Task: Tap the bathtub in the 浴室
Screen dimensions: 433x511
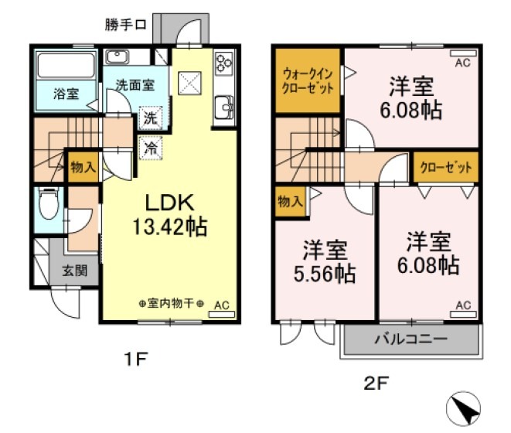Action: coord(66,65)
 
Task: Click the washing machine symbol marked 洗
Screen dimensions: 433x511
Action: coord(150,120)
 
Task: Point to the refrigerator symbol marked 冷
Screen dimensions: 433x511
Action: coord(150,146)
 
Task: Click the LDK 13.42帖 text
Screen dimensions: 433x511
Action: coord(176,214)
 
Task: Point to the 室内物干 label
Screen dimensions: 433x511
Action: coord(172,304)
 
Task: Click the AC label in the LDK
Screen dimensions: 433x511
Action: coord(222,304)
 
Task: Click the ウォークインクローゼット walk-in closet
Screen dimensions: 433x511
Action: coord(308,80)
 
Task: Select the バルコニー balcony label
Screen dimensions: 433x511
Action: coord(411,339)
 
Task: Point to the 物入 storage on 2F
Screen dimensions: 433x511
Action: coord(289,203)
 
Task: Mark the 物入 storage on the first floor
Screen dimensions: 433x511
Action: coord(82,166)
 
